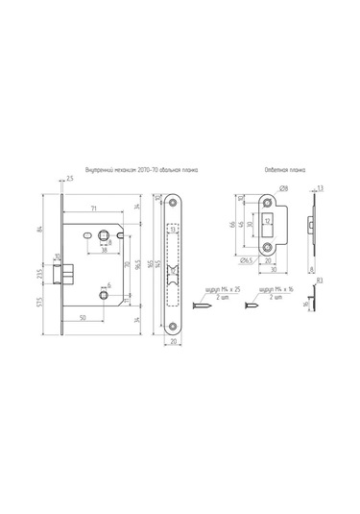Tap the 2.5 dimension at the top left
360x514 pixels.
69,178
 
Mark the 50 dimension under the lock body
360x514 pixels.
84,316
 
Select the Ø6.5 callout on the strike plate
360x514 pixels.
247,259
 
